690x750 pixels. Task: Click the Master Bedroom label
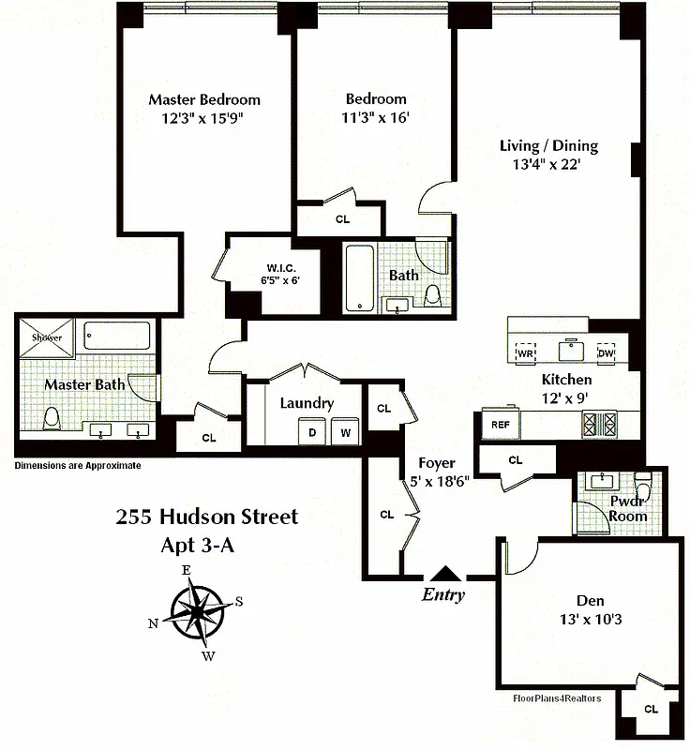point(204,99)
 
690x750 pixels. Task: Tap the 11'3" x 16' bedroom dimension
point(375,118)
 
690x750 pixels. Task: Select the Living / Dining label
point(548,145)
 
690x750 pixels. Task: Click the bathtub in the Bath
point(358,277)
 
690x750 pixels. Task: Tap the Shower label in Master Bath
point(47,337)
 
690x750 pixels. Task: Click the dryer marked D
point(312,432)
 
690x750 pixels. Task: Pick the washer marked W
point(345,432)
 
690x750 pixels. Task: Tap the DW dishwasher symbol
point(606,352)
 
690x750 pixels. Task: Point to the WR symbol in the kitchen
point(525,352)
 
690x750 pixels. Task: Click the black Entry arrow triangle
point(446,573)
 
